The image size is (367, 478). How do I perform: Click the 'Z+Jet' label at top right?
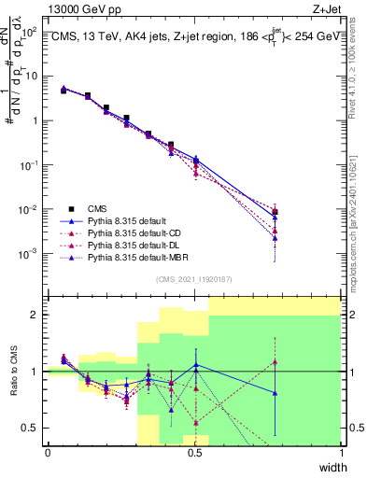coord(327,7)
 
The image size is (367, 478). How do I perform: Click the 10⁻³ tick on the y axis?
coord(31,253)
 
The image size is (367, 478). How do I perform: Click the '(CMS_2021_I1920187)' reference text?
coord(194,278)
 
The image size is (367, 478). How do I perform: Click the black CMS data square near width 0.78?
coord(275,212)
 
